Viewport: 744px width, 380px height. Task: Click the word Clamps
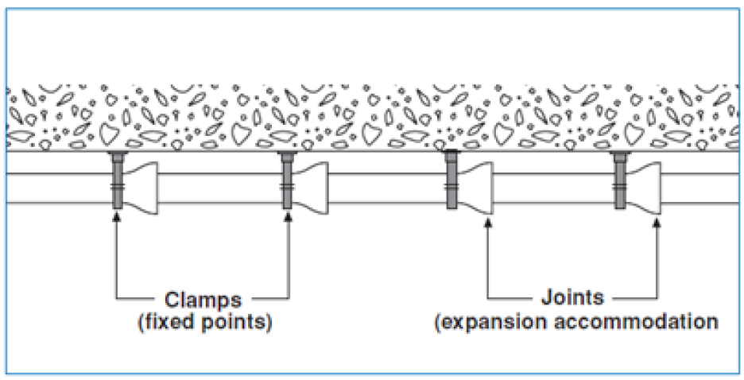coord(203,300)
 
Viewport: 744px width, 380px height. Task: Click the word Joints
coord(572,297)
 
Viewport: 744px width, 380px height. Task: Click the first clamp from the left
coord(118,180)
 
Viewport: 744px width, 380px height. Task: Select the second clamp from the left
coord(287,180)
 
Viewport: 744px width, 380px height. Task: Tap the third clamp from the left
coord(451,180)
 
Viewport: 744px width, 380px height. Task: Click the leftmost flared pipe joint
coord(141,188)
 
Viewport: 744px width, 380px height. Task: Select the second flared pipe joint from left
coord(310,188)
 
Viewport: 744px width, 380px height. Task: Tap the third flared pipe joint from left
coord(475,188)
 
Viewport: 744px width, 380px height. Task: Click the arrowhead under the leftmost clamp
coord(117,216)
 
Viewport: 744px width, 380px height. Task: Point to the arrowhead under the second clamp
coord(288,216)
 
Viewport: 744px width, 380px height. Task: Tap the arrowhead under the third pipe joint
coord(488,222)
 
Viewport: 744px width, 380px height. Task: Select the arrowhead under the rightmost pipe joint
coord(657,222)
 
